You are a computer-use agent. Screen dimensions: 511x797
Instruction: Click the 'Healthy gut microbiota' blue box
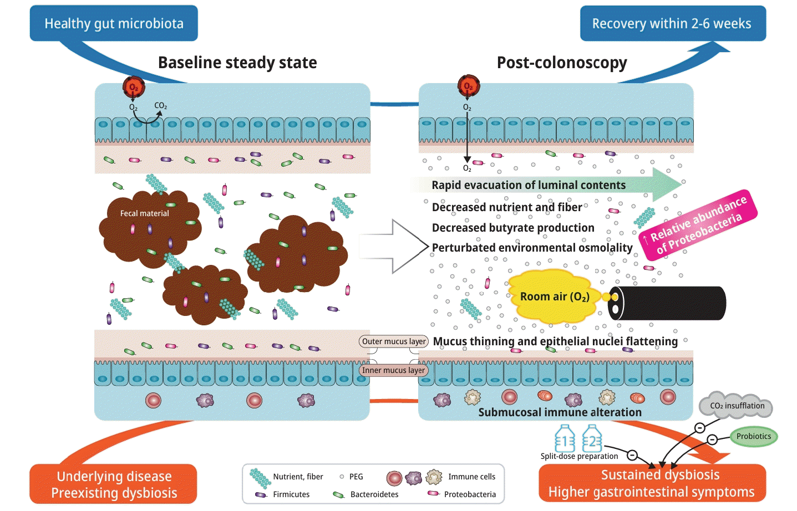click(x=114, y=23)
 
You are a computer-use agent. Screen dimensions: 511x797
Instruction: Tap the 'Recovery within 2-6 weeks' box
click(x=672, y=23)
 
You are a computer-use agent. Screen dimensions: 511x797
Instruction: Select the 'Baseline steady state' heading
click(x=237, y=63)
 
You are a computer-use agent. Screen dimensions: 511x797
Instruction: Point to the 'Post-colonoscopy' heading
click(x=562, y=63)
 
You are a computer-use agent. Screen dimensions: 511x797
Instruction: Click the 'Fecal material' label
click(x=144, y=213)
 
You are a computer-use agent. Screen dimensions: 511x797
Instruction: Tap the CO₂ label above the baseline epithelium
click(x=160, y=105)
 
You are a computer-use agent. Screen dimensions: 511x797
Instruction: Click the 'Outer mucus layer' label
click(x=394, y=341)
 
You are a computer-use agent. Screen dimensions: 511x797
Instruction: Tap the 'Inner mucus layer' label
click(x=393, y=370)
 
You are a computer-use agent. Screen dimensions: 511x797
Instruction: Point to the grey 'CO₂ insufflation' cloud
click(x=737, y=406)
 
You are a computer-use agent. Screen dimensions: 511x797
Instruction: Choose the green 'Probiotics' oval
click(x=753, y=436)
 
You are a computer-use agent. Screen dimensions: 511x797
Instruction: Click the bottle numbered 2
click(x=592, y=440)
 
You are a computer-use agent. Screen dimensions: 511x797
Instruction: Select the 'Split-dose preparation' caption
click(x=579, y=456)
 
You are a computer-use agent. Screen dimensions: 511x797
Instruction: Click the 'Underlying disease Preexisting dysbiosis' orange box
click(x=114, y=484)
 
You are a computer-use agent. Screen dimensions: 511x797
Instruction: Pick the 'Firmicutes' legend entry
click(x=291, y=494)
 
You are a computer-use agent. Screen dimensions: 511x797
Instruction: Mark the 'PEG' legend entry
click(x=356, y=477)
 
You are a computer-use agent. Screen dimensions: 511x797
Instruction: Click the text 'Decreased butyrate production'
click(x=513, y=228)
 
